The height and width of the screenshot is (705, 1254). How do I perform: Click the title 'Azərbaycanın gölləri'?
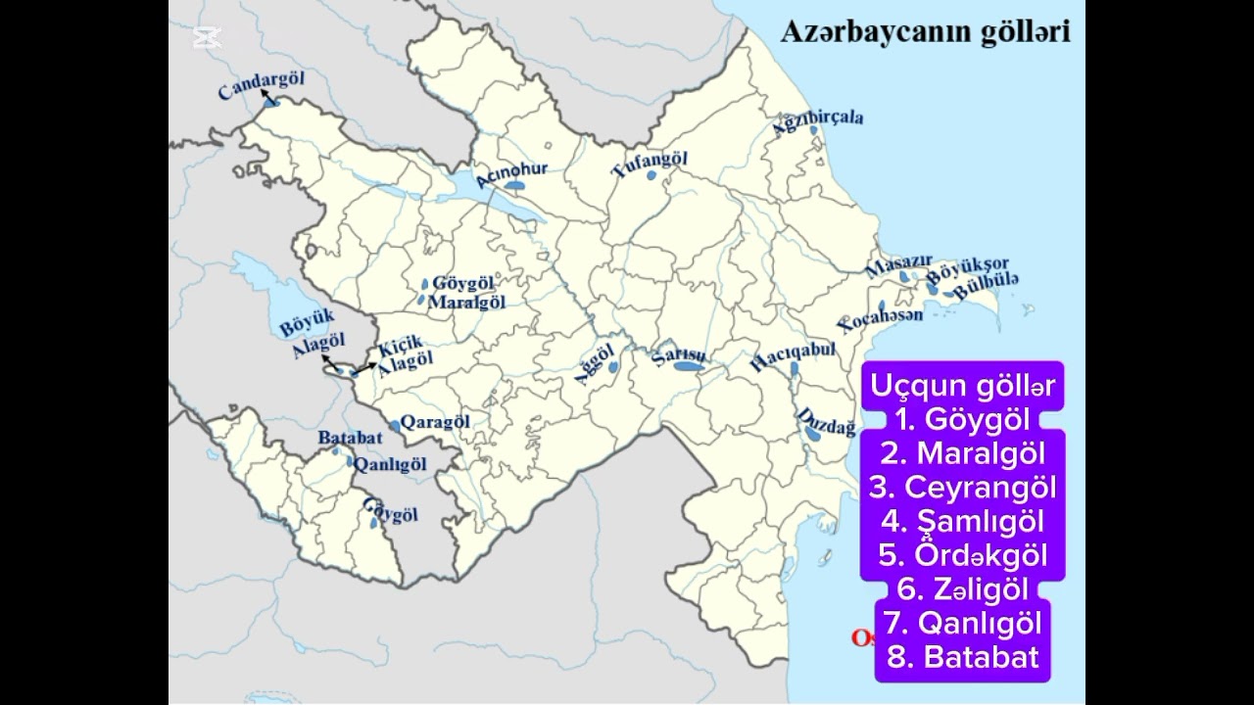[924, 31]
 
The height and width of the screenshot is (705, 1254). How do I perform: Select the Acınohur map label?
[510, 173]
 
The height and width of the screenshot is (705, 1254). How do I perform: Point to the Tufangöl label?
[650, 164]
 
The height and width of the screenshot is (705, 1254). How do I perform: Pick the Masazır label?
[892, 267]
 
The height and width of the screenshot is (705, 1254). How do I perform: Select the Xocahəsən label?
[881, 320]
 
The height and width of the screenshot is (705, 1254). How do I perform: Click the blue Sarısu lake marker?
[688, 366]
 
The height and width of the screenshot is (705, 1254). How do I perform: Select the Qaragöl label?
[435, 422]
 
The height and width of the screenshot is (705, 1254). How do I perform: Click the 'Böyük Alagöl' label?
[313, 333]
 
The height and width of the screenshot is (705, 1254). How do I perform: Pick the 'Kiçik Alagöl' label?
[404, 352]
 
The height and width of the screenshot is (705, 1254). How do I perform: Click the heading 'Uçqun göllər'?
[962, 386]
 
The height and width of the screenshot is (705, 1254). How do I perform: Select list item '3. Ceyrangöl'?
[962, 487]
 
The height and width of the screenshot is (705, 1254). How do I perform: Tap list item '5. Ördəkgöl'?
[962, 555]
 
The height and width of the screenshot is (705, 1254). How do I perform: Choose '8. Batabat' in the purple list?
[962, 656]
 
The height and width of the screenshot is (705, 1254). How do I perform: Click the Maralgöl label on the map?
[467, 302]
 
